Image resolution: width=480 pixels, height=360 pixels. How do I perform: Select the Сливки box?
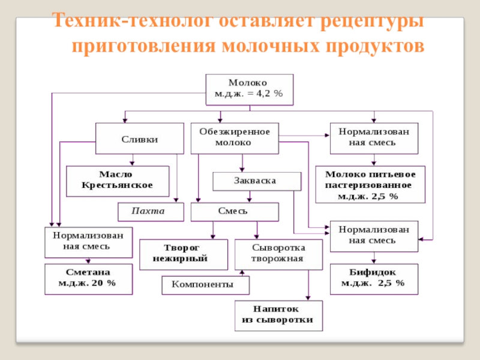coord(139,139)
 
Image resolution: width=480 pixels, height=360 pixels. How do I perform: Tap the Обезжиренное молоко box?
coord(235,138)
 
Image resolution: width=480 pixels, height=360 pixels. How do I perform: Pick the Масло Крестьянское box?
coord(118,180)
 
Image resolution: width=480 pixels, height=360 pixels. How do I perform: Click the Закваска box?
coord(257,181)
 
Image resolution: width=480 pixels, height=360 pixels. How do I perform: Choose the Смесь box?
coord(235,211)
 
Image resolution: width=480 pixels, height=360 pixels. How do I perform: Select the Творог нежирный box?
coord(184,254)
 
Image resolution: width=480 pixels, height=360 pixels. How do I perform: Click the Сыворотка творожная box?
coord(278,254)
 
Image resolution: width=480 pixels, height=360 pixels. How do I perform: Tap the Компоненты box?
coord(205,284)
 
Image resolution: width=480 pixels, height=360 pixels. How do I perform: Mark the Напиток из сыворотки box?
coord(278,315)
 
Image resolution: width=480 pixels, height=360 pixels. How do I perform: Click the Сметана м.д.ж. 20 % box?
coord(88,278)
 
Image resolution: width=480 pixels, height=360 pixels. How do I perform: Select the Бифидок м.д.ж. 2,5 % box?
coord(374,278)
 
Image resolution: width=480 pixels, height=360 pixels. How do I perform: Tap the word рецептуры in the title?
coord(371,22)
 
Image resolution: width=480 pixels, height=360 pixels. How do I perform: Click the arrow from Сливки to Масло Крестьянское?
coord(133,159)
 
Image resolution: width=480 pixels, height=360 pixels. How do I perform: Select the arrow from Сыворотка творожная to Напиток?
coord(308,284)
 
